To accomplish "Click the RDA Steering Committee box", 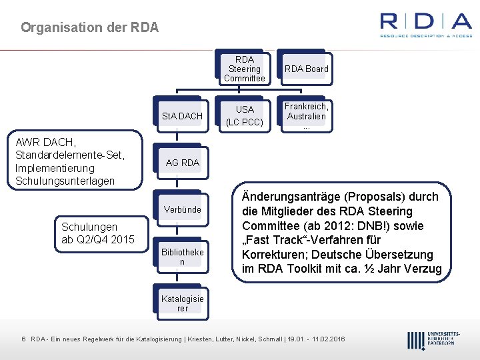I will (244, 69).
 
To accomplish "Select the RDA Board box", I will (306, 69).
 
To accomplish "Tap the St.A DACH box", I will (182, 116).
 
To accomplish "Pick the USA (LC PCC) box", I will (244, 115).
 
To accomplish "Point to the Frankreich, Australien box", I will (306, 115).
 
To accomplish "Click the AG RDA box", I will (182, 163).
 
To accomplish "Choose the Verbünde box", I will (182, 209).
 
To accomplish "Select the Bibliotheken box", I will (182, 257).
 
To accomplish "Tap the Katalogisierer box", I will (182, 303).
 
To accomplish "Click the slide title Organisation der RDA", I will (89, 28).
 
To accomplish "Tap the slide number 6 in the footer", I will (23, 339).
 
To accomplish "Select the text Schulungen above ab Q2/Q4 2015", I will (89, 227).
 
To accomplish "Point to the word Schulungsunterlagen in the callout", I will (65, 181).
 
